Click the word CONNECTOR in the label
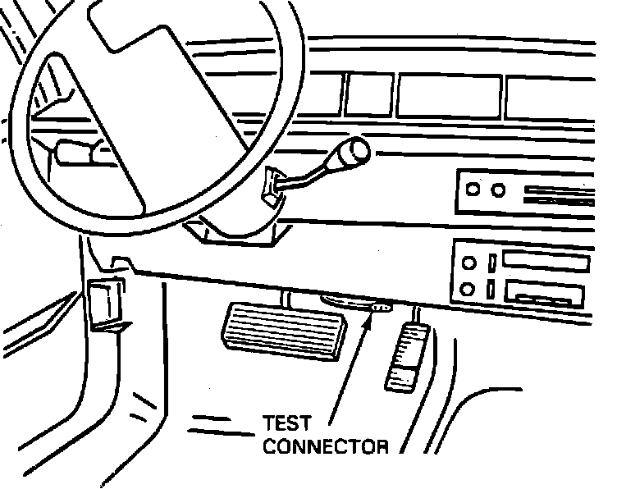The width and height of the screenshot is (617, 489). pyautogui.click(x=326, y=447)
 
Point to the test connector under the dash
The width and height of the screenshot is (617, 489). pyautogui.click(x=381, y=308)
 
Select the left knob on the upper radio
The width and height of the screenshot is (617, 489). pyautogui.click(x=473, y=190)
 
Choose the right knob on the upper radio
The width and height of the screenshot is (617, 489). pyautogui.click(x=496, y=190)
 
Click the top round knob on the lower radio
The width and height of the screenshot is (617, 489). pyautogui.click(x=468, y=264)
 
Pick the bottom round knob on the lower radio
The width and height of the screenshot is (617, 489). pyautogui.click(x=468, y=289)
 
